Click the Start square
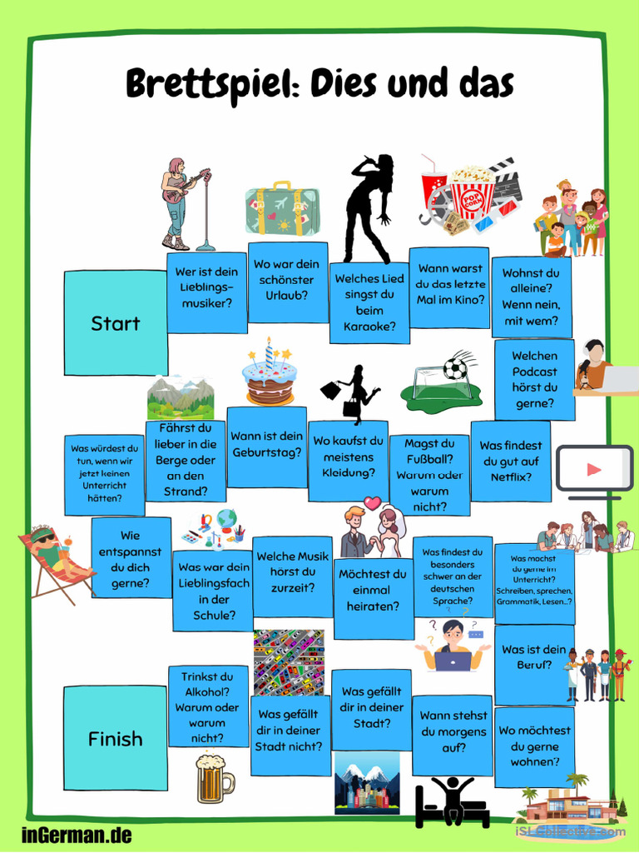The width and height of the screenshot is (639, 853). pyautogui.click(x=116, y=323)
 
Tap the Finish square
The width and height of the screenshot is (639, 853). pyautogui.click(x=115, y=738)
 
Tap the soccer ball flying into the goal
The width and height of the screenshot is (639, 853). pyautogui.click(x=455, y=368)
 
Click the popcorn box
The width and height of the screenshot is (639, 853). pyautogui.click(x=472, y=193)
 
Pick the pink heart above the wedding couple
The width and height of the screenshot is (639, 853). pyautogui.click(x=372, y=502)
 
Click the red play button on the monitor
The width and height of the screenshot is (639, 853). pyautogui.click(x=594, y=469)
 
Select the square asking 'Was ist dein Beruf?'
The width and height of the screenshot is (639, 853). pyautogui.click(x=534, y=665)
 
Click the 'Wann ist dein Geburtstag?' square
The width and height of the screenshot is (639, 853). pyautogui.click(x=267, y=446)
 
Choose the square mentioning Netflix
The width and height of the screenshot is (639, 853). pyautogui.click(x=511, y=461)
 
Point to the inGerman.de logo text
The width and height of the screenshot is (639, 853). pyautogui.click(x=77, y=835)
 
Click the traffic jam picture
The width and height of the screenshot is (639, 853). pyautogui.click(x=289, y=662)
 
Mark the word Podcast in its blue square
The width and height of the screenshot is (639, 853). pyautogui.click(x=535, y=372)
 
